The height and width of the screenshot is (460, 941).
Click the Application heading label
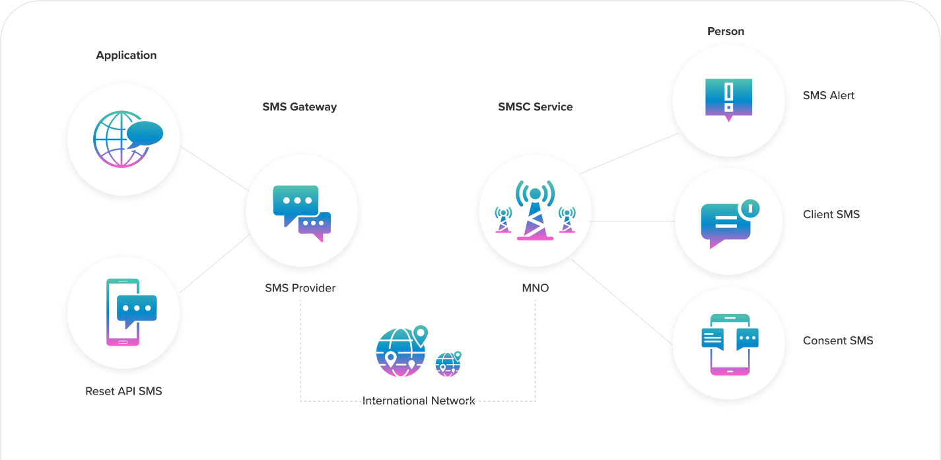pyautogui.click(x=126, y=56)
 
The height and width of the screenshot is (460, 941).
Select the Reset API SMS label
pyautogui.click(x=123, y=391)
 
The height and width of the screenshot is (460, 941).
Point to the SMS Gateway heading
pyautogui.click(x=300, y=107)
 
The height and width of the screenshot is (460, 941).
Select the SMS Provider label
pyautogui.click(x=300, y=288)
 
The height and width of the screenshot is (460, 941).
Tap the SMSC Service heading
pyautogui.click(x=535, y=107)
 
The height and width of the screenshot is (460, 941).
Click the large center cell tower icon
pyautogui.click(x=535, y=210)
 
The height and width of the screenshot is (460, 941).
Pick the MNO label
pyautogui.click(x=535, y=288)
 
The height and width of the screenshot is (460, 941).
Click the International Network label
pyautogui.click(x=419, y=401)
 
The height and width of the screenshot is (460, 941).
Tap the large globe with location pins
pyautogui.click(x=400, y=352)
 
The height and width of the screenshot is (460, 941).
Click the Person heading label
pyautogui.click(x=726, y=32)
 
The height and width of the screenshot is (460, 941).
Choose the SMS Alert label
pyautogui.click(x=829, y=96)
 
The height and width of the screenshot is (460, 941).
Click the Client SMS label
pyautogui.click(x=831, y=215)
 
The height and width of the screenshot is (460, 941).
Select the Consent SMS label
pyautogui.click(x=838, y=341)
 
